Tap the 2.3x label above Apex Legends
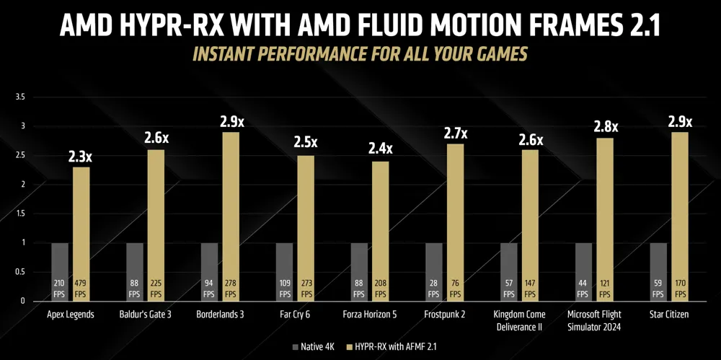pos(81,154)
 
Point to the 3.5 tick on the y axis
pos(20,97)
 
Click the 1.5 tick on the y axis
pos(20,214)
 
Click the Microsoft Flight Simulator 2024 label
pos(595,320)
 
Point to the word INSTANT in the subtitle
pos(225,54)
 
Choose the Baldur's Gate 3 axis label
pos(146,315)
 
